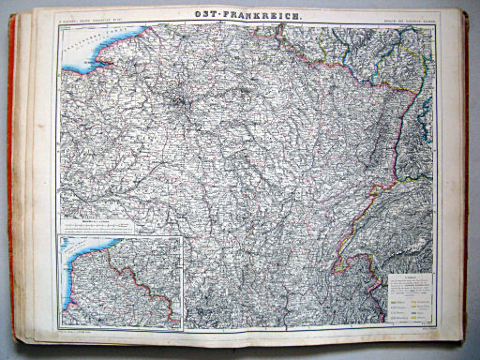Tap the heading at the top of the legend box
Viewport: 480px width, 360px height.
[x=407, y=276]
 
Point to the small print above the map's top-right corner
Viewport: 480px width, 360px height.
[x=409, y=18]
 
